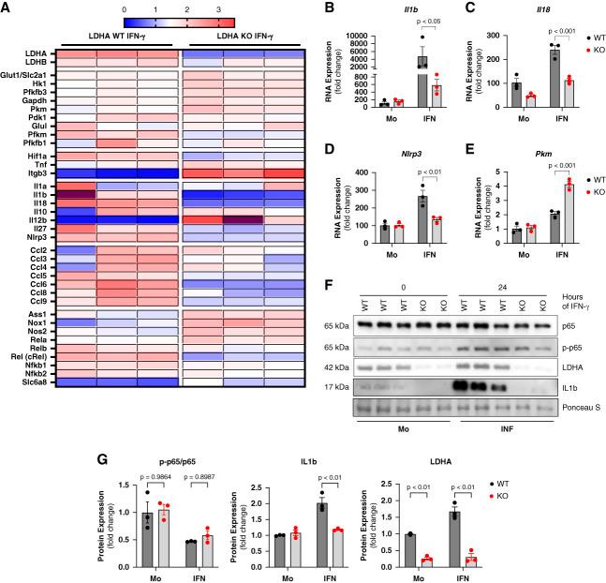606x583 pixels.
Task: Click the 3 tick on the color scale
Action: coord(218,8)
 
